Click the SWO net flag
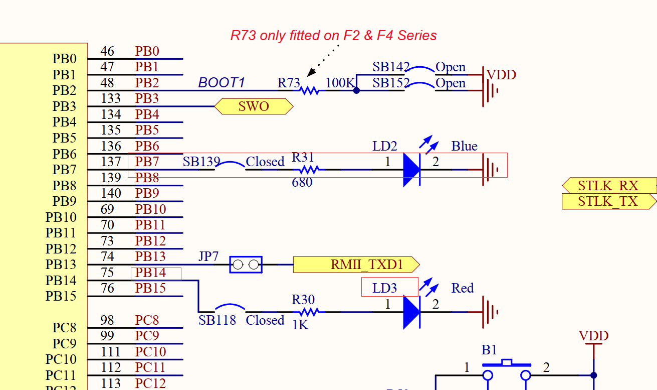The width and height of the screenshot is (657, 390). (x=254, y=106)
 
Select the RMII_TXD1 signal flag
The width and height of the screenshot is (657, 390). (x=356, y=265)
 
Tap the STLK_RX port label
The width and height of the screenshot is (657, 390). (x=608, y=186)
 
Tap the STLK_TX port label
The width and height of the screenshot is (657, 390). (x=608, y=202)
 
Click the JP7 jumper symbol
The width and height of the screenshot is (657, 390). (x=246, y=265)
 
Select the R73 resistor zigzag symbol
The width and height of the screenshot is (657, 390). (x=309, y=91)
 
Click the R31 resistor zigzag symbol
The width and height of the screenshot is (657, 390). (x=309, y=170)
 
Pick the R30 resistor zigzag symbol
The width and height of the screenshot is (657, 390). (x=309, y=312)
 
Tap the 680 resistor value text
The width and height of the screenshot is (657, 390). (x=302, y=182)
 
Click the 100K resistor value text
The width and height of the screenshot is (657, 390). (x=340, y=83)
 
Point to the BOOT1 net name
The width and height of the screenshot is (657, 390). (x=221, y=83)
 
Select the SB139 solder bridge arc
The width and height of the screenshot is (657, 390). (x=230, y=165)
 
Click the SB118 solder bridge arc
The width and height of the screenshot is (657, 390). (x=230, y=307)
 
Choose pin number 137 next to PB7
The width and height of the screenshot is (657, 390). (x=111, y=162)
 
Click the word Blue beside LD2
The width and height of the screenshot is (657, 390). (x=464, y=146)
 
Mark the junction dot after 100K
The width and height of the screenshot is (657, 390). (x=356, y=91)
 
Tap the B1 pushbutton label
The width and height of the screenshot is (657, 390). (x=489, y=350)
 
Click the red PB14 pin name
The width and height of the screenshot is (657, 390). (x=150, y=273)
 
